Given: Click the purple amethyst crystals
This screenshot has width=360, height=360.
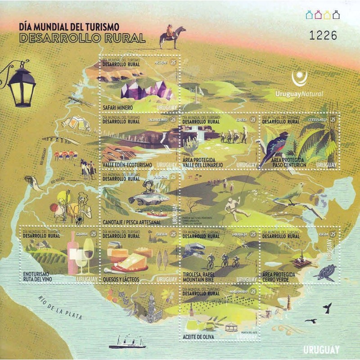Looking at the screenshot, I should (147, 90).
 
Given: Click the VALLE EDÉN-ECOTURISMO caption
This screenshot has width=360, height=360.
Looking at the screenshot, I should (127, 165).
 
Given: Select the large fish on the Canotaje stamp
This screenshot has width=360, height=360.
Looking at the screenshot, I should (148, 198).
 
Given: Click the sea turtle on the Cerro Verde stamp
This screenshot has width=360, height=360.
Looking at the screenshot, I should (326, 272).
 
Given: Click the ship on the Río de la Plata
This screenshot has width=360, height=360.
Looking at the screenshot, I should (127, 342).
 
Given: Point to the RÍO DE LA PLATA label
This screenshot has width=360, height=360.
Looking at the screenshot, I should (60, 307).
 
